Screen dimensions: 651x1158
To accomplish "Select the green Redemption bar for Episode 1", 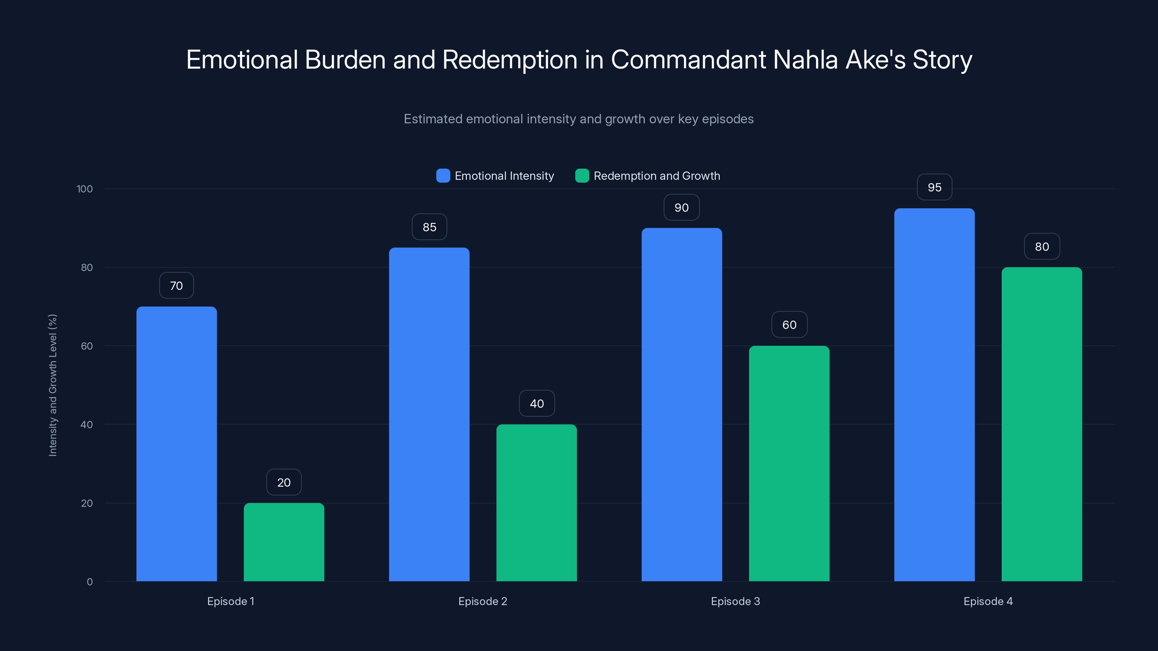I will tap(284, 542).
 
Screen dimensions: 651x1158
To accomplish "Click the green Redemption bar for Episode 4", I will tap(1041, 424).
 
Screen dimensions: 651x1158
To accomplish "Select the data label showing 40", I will tap(537, 404).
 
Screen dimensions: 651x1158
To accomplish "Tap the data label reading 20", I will tap(284, 482).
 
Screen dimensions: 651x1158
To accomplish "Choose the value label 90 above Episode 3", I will tap(681, 208).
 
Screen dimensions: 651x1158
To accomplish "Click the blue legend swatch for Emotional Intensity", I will tap(443, 176).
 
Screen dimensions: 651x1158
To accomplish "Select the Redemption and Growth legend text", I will tap(656, 176).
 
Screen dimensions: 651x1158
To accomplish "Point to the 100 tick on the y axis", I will tap(85, 189).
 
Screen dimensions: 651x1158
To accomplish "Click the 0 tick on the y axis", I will tap(89, 582).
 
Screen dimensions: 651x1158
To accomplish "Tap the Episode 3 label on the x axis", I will tap(735, 601).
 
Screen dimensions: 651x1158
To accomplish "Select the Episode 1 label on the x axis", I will tap(230, 601).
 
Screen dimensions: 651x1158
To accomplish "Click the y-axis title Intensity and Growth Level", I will tap(52, 385).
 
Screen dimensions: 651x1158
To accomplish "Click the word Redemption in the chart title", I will tap(509, 60).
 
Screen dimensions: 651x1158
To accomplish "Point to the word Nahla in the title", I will tap(805, 60).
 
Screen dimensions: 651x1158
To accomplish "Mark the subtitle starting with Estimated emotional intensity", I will tap(579, 119).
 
